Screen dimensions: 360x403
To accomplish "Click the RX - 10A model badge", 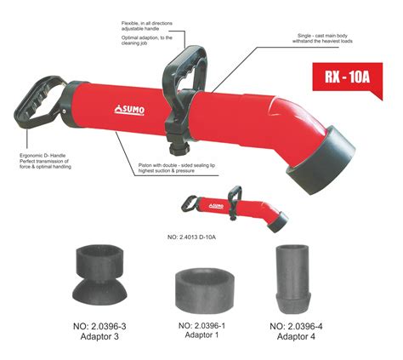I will pyautogui.click(x=353, y=75).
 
